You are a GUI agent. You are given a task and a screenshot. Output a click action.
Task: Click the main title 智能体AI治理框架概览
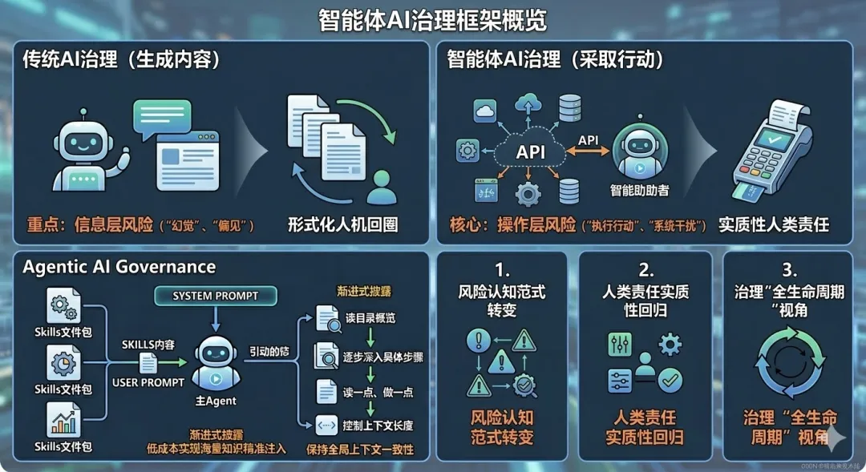[x=432, y=20]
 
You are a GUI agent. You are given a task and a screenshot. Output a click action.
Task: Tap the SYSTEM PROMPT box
[x=215, y=296]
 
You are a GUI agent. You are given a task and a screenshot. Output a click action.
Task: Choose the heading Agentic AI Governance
[x=119, y=267]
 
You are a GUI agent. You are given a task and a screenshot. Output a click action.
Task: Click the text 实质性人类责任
[x=773, y=224]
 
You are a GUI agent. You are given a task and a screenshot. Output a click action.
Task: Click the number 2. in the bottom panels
[x=645, y=270]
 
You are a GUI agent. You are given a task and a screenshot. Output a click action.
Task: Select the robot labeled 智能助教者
[x=640, y=152]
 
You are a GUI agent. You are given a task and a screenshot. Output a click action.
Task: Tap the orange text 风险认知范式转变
[x=502, y=427]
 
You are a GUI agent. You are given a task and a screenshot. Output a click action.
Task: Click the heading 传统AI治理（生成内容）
[x=120, y=60]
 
